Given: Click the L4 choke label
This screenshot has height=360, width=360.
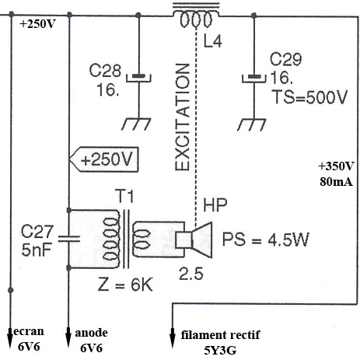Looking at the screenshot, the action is point(212,41).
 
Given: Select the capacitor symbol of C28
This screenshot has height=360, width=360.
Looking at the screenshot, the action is point(138,78).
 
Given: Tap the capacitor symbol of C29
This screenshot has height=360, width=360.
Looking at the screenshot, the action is point(254,79).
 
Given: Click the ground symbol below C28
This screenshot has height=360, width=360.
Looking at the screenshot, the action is point(136,124).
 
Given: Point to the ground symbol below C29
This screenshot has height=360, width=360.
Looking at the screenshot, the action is point(251,124).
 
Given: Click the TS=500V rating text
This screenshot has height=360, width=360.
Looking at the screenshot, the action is point(310,97).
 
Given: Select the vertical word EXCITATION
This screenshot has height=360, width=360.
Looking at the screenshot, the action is point(183,117).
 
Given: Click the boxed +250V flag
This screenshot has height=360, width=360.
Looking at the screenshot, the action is point(104,159).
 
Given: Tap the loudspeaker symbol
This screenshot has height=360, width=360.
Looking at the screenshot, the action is point(194,239).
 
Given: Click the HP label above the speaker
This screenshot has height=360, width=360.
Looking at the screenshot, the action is point(215,205).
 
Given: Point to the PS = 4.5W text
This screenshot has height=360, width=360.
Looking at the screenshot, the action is point(266,239).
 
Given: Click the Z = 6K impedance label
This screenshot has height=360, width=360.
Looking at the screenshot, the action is point(125,285).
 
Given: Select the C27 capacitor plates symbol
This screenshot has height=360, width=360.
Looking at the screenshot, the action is point(69,239).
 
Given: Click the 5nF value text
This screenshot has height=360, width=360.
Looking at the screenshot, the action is point(37,250).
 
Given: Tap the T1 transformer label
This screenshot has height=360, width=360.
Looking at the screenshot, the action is point(124,196).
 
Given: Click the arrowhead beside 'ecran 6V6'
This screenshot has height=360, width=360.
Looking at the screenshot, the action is point(10,337).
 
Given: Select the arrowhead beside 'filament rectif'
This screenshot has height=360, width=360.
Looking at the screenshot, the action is point(173,338).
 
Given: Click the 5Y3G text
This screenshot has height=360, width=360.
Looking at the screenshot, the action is point(220,351).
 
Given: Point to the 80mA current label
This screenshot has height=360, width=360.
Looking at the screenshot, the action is point(336,182).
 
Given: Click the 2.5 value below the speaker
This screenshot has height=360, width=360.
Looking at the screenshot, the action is point(191,274).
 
